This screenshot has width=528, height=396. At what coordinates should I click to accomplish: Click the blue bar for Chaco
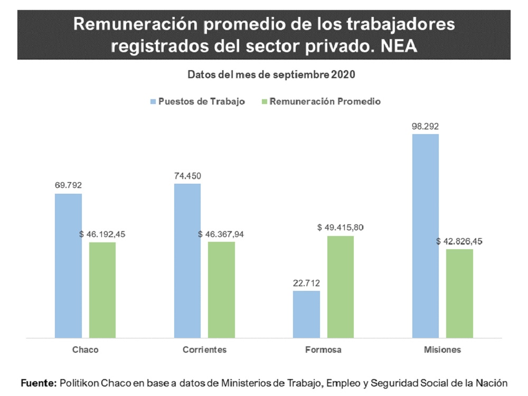click(x=68, y=265)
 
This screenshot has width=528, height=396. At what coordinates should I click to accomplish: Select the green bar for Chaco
click(x=102, y=289)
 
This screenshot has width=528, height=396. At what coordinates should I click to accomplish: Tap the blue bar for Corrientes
click(x=187, y=260)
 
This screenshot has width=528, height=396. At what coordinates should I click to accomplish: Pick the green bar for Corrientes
click(x=221, y=289)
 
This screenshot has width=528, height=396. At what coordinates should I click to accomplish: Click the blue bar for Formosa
click(x=306, y=314)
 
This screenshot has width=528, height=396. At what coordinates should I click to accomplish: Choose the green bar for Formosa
click(x=341, y=286)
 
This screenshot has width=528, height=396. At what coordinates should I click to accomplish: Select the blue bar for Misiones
click(x=426, y=235)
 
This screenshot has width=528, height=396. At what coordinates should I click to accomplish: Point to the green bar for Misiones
click(x=459, y=293)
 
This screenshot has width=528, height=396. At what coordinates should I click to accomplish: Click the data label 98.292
click(x=426, y=126)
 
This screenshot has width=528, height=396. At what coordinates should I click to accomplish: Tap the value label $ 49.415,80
click(x=341, y=228)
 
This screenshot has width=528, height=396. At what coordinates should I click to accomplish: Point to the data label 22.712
click(x=306, y=283)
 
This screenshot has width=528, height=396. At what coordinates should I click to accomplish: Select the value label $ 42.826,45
click(x=459, y=241)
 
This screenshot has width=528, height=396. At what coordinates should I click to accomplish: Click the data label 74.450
click(x=187, y=176)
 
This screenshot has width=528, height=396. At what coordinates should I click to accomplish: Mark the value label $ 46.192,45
click(x=102, y=234)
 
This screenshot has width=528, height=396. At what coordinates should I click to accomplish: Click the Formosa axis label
click(x=323, y=350)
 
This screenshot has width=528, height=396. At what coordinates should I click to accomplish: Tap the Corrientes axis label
click(x=204, y=350)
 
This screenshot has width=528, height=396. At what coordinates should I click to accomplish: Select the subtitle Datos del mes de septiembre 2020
click(x=271, y=74)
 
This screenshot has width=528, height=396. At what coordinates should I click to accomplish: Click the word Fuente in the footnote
click(x=38, y=382)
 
